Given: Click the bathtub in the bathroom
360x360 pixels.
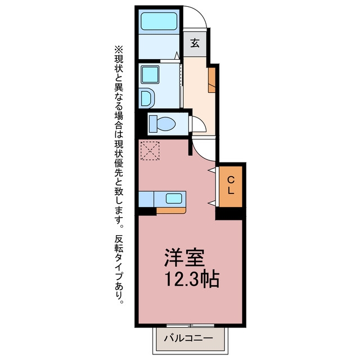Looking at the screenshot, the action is [159, 21].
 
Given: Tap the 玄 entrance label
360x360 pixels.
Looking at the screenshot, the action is [195, 43].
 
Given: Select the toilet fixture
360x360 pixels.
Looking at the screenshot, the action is [162, 124].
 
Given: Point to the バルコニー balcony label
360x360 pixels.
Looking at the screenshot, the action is [188, 338].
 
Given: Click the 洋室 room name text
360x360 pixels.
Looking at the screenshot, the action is [184, 257].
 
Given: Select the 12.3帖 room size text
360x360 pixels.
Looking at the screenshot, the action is [192, 279].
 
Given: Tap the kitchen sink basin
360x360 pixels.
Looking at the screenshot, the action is [174, 199].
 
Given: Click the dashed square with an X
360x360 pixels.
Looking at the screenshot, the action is [150, 151].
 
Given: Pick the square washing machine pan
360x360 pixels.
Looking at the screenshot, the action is [150, 75].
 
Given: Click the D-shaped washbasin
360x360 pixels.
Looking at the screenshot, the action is [147, 98].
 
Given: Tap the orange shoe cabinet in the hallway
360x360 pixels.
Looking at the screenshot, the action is [212, 80].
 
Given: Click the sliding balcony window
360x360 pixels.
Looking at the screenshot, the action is [190, 325].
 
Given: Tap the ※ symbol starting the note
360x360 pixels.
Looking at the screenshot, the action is [119, 49].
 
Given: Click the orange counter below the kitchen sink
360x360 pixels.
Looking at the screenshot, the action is [171, 210].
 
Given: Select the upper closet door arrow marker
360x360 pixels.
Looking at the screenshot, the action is [212, 170].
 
